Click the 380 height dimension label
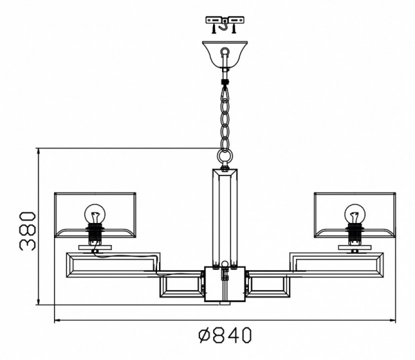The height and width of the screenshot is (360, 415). pyautogui.click(x=28, y=231)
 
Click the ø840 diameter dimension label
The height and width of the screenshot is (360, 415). pyautogui.click(x=225, y=335)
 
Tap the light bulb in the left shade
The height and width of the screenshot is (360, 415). pyautogui.click(x=95, y=213)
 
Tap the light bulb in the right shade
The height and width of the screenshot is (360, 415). pyautogui.click(x=355, y=213)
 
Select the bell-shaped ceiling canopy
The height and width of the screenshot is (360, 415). pyautogui.click(x=225, y=55)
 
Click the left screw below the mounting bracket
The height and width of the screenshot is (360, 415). pyautogui.click(x=213, y=28)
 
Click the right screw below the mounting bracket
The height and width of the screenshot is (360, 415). pyautogui.click(x=234, y=28)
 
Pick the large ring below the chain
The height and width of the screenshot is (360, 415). pyautogui.click(x=225, y=156)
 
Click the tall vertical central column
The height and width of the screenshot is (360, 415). pyautogui.click(x=225, y=218)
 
